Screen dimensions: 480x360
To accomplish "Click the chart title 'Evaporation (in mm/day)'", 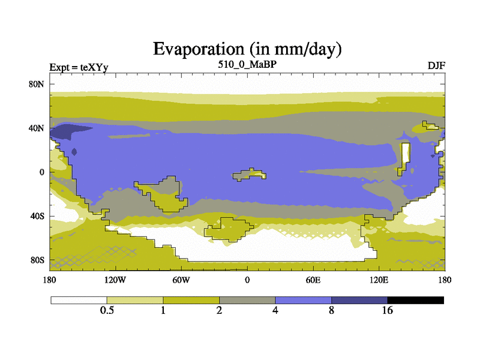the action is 247,49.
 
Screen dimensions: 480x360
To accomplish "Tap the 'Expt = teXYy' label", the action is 79,67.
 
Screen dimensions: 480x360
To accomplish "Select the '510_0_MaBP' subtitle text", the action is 247,64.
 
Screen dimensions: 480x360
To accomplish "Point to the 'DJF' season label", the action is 436,66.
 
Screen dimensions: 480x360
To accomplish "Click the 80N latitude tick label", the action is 37,84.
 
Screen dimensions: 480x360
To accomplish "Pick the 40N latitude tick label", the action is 37,128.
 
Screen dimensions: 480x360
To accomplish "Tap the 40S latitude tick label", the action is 37,216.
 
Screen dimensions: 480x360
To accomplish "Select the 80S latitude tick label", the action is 37,260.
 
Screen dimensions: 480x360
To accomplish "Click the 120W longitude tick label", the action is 115,280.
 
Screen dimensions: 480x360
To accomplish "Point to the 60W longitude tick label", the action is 181,280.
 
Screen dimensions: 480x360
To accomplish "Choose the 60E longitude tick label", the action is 313,280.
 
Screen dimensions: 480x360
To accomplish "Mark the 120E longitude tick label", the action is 379,280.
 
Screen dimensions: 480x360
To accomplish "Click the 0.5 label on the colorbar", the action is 107,310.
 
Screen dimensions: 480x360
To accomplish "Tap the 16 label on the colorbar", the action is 387,310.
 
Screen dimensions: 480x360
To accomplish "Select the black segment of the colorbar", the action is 415,301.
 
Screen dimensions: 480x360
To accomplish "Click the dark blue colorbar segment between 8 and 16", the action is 359,301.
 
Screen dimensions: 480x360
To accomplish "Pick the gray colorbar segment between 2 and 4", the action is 247,301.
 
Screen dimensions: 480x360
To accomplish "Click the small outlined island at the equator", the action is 249,175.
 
